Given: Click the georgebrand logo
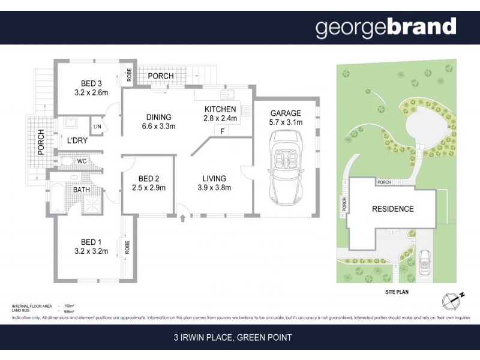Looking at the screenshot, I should [386, 27].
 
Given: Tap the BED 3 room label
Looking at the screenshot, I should [94, 88].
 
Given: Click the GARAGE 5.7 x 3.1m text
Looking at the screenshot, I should [286, 118].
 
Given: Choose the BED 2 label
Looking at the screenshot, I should [148, 183].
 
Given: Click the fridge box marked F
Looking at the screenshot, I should [223, 131].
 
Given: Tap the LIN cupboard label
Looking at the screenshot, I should [97, 126].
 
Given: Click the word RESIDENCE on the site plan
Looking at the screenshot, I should [393, 209].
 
